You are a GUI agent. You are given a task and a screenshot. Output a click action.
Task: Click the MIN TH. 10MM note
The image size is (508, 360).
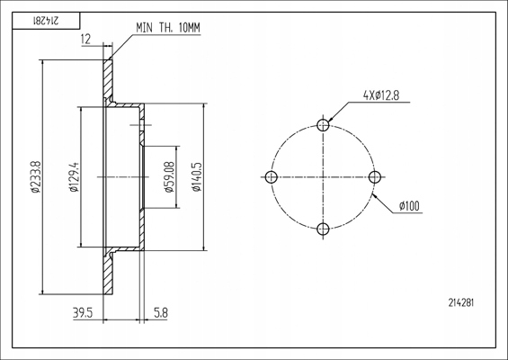pos(168,28)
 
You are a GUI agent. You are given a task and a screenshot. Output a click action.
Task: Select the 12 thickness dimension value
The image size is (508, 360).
pos(85,40)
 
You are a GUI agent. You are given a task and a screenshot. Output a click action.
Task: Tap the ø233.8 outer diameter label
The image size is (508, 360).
pos(36,176)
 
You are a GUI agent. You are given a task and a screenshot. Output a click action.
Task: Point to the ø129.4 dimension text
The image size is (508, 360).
pos(75,176)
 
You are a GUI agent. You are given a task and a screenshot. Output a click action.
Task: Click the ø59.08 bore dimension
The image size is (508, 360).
pos(170,176)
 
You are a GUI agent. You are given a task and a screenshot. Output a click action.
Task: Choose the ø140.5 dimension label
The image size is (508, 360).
pos(197,176)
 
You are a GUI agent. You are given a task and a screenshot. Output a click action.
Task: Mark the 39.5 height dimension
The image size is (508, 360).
pos(83,313)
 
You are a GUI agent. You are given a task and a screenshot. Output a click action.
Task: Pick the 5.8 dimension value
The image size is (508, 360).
pos(161,313)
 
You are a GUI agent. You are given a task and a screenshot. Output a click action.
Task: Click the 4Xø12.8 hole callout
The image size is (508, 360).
pos(381,95)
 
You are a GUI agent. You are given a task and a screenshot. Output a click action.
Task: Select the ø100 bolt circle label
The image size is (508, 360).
pos(409,206)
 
